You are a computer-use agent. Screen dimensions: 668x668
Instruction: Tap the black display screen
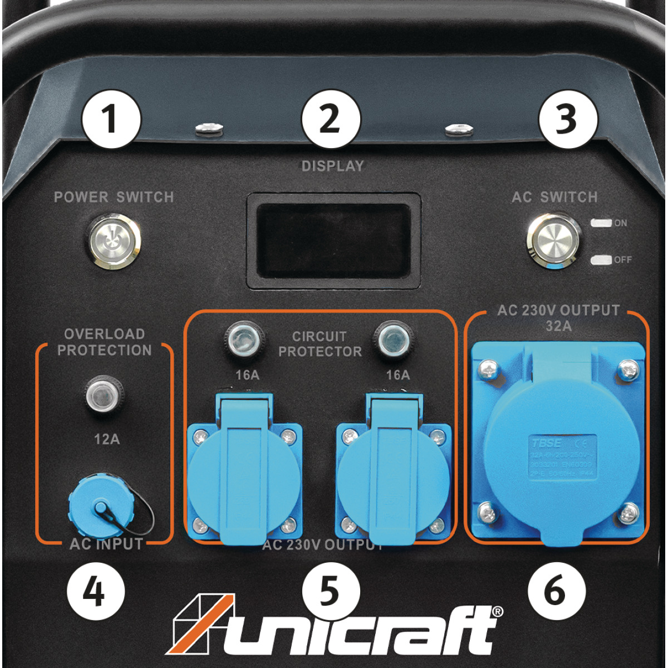pyautogui.click(x=333, y=240)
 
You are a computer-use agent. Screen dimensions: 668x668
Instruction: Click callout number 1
pyautogui.click(x=111, y=119)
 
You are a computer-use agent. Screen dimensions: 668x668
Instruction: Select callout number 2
pyautogui.click(x=331, y=119)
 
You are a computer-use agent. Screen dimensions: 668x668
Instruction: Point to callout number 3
pyautogui.click(x=567, y=119)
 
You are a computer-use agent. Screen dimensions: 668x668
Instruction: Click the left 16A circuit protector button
pyautogui.click(x=243, y=338)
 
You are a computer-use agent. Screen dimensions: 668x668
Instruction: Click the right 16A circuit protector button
pyautogui.click(x=396, y=338)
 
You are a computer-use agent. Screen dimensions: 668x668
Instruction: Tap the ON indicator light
pyautogui.click(x=601, y=223)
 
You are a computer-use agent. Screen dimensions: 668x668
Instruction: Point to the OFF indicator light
pyautogui.click(x=601, y=260)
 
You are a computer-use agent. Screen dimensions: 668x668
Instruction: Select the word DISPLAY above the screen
pyautogui.click(x=332, y=166)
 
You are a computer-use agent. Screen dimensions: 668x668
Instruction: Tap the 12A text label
pyautogui.click(x=106, y=439)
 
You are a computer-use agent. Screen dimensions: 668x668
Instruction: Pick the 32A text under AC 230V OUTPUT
pyautogui.click(x=558, y=326)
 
